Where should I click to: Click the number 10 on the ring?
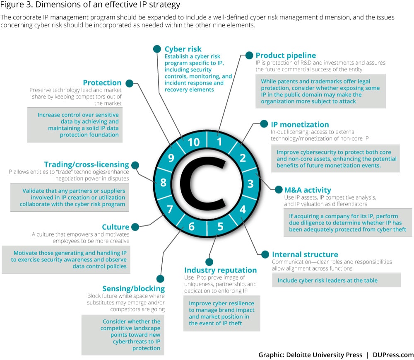(193, 143)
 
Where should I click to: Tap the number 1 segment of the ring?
(219, 142)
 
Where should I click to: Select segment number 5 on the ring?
(220, 226)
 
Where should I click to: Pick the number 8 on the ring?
(163, 183)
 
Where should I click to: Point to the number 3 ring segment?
(250, 183)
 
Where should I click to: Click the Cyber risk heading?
(183, 49)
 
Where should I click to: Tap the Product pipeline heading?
(286, 56)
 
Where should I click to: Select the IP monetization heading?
(300, 124)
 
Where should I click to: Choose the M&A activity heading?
(308, 190)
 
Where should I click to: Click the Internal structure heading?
(305, 254)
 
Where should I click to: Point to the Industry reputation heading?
(220, 270)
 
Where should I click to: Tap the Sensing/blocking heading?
(133, 289)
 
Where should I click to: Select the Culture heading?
(116, 227)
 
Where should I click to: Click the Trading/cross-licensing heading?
(87, 164)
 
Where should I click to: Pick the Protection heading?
(102, 82)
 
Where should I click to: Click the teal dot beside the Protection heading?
(129, 83)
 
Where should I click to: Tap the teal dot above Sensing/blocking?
(160, 279)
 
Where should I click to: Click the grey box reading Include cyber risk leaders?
(336, 280)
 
